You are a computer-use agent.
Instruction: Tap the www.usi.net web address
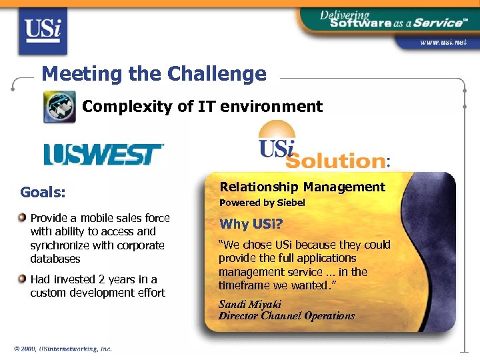coord(443,42)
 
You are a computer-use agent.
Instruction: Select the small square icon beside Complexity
coord(60,106)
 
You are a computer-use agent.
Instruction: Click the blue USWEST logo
coord(103,154)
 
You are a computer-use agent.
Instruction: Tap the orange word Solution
coord(335,161)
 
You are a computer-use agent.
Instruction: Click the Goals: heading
coord(43,193)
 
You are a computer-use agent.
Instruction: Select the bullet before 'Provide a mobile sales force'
coord(23,218)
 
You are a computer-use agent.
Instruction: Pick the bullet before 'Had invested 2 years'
coord(23,279)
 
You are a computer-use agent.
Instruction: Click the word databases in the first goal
coord(55,259)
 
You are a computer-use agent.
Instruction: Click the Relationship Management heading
coord(302,187)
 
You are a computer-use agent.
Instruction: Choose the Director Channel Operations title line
coord(287,316)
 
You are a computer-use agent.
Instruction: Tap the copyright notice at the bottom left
coord(63,348)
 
